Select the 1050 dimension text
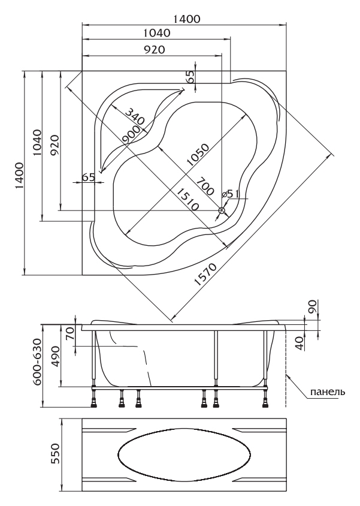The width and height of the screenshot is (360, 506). tap(198, 155)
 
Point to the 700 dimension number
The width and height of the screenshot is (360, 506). tap(205, 186)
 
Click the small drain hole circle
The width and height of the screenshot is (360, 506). tap(222, 210)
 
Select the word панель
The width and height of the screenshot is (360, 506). tap(328, 392)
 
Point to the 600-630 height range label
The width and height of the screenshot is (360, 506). tap(37, 362)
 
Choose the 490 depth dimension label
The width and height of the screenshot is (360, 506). tap(55, 356)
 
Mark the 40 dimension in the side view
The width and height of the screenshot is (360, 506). tap(300, 344)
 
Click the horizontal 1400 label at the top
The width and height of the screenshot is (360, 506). tap(187, 19)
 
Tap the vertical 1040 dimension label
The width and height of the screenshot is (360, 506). tap(37, 143)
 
